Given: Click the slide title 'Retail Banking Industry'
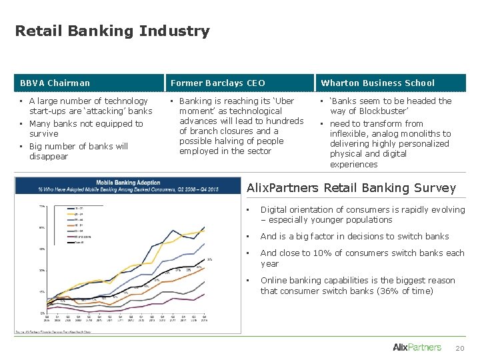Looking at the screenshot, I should tap(112, 31).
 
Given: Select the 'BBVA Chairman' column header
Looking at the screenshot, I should tap(55, 83).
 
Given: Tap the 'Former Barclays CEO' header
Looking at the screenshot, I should tap(218, 83).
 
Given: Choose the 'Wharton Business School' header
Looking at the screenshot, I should tap(377, 83).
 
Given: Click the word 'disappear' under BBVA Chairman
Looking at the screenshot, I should tap(49, 157).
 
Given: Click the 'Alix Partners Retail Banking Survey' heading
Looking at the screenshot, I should tap(351, 189).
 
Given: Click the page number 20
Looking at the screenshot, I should tap(459, 348).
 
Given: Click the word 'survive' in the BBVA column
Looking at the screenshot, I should tap(43, 134).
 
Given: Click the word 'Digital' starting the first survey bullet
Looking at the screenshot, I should tap(273, 210).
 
